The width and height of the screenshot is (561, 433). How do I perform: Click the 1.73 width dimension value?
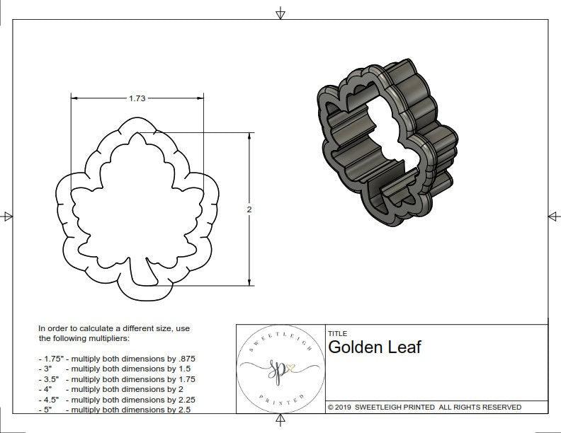(137, 98)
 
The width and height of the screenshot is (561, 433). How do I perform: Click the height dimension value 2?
(250, 209)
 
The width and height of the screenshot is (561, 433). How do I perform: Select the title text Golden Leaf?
(374, 347)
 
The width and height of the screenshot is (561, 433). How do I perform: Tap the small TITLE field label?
(336, 333)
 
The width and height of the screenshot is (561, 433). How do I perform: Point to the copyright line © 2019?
(424, 407)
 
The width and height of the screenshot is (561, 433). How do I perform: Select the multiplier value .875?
(183, 359)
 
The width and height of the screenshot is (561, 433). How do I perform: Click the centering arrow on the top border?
(280, 13)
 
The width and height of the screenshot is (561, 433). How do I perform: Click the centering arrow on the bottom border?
(280, 422)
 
